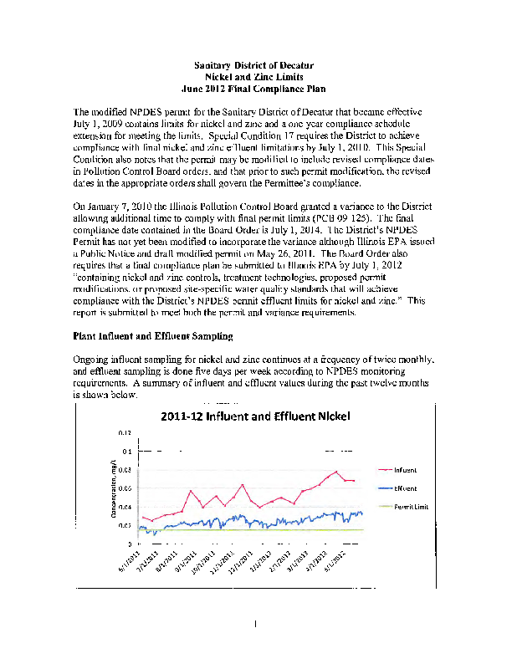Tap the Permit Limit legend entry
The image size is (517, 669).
[x=410, y=507]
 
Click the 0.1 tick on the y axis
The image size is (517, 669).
[x=126, y=452]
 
